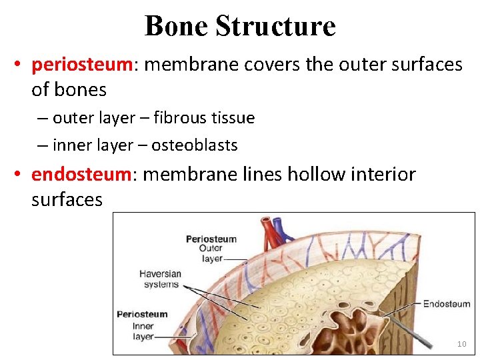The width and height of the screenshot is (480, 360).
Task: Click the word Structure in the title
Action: click(x=275, y=26)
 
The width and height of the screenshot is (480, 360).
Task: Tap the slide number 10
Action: click(x=461, y=344)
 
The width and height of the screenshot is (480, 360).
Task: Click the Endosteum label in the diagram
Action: click(x=446, y=304)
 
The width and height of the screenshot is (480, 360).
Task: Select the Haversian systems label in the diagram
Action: click(x=161, y=279)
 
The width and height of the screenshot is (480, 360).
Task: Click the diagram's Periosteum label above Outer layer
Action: click(x=211, y=239)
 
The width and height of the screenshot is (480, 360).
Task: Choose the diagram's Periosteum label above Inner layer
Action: click(x=142, y=314)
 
